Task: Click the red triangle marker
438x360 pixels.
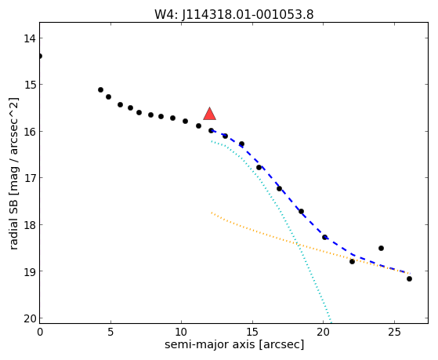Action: [209, 114]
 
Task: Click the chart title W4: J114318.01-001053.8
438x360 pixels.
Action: [234, 14]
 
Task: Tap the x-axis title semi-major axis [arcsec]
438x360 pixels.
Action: [234, 344]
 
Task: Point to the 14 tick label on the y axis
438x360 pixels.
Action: [29, 38]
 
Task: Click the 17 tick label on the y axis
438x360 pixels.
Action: [29, 178]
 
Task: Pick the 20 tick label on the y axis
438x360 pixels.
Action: [29, 318]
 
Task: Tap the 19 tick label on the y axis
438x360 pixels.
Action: [29, 271]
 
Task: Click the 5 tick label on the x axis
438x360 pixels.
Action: [110, 332]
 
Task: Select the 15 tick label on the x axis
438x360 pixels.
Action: [252, 332]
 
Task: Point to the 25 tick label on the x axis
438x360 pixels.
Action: [394, 332]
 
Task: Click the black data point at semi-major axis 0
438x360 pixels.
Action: [40, 56]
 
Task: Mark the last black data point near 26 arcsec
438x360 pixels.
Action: [409, 278]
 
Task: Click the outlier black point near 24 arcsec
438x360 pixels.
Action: [381, 248]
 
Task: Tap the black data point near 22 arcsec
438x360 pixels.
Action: [352, 261]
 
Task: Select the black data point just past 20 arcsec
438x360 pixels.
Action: [324, 237]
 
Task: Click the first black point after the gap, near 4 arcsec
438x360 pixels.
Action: [100, 89]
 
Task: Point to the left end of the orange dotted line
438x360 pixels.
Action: [212, 213]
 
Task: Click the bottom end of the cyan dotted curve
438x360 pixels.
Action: [331, 322]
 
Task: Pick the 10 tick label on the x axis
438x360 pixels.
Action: [182, 332]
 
